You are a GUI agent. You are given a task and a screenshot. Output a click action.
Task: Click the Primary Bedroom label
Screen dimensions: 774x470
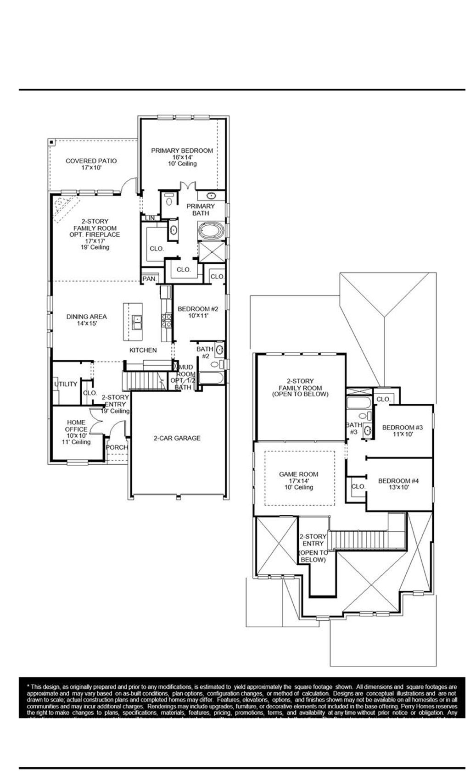point(182,151)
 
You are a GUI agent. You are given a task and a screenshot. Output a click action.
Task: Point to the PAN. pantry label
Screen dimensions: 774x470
point(149,278)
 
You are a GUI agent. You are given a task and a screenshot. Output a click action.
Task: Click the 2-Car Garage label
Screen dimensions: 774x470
point(177,438)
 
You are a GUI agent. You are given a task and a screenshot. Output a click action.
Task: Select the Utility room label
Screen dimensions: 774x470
point(66,384)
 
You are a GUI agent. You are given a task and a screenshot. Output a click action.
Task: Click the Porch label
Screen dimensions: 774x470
point(117,447)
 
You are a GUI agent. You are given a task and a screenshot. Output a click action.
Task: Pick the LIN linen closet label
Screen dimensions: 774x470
point(150,218)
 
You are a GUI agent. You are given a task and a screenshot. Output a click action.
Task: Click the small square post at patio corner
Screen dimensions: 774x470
point(52,142)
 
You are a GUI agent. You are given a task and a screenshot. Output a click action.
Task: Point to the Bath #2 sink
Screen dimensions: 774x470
point(219,350)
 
